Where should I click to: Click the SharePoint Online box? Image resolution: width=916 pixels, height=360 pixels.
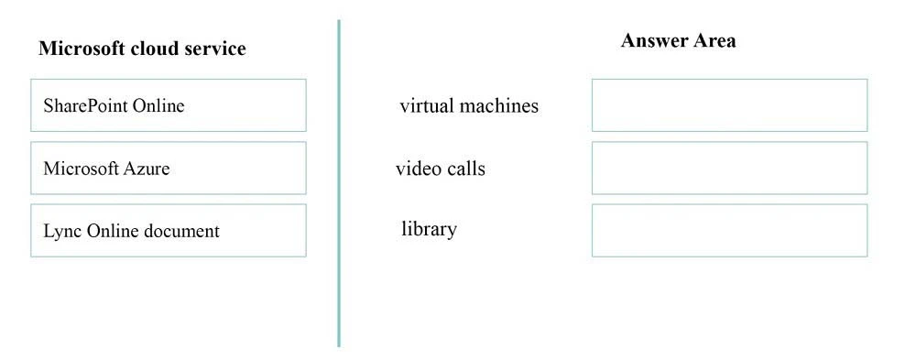pos(168,105)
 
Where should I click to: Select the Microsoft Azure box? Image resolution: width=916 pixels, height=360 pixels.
pos(168,168)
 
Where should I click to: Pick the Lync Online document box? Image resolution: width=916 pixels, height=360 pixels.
pos(168,230)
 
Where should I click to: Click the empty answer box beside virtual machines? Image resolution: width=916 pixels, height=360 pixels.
pos(729,105)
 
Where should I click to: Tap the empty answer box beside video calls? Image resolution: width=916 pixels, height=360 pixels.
pos(729,168)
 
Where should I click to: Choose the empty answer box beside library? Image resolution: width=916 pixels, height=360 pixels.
pos(729,230)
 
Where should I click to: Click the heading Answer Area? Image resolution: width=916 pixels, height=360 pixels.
pos(678,40)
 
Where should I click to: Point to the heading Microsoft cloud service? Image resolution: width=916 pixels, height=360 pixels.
pos(142,49)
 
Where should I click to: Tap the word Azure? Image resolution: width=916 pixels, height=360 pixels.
pos(147,169)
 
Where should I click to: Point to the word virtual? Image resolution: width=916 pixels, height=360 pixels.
pos(426,105)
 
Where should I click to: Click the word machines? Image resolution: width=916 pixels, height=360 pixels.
pos(498,105)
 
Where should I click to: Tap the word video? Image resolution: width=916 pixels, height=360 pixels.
pos(417,169)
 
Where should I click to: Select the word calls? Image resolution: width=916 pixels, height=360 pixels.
pos(466,169)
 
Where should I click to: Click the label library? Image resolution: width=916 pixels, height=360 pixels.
pos(429,229)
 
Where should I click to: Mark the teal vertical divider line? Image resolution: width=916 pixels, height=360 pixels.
pos(339,183)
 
